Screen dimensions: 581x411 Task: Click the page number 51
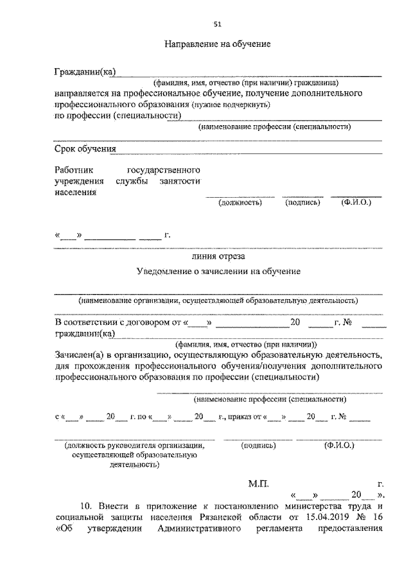click(217, 25)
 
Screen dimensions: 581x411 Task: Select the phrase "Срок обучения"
click(85, 149)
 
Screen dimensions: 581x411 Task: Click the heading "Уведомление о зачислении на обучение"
click(219, 272)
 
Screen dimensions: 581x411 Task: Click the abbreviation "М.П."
click(259, 482)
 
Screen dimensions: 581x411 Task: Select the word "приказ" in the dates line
click(240, 417)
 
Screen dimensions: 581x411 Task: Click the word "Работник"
click(74, 170)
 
